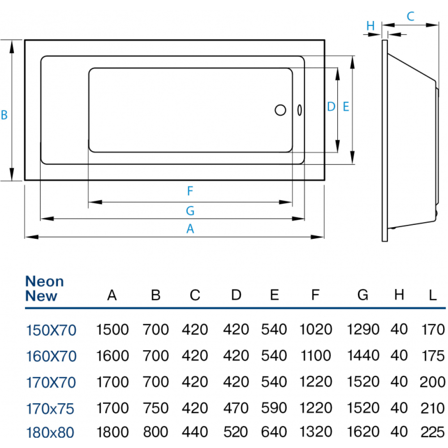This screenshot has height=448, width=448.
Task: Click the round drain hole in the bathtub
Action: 280,110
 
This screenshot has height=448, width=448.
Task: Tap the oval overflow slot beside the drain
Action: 299,110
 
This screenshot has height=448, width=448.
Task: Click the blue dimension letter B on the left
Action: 4,115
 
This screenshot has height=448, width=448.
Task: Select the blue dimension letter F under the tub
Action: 190,191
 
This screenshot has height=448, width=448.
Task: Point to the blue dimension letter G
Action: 190,211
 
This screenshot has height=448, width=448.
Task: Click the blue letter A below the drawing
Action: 190,228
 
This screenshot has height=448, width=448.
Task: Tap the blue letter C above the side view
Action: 410,16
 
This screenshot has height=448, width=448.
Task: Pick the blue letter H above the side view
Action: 370,26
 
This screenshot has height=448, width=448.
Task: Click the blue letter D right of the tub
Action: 331,107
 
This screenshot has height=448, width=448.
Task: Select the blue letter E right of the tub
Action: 346,107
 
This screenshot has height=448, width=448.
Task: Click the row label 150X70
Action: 51,330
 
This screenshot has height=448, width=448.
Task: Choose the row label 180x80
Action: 50,432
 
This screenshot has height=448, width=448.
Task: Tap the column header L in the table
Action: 433,295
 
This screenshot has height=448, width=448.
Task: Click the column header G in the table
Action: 363,295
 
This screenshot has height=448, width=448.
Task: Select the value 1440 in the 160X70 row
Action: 363,356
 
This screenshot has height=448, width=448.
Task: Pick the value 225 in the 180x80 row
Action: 433,432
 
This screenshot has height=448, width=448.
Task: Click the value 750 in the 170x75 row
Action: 156,408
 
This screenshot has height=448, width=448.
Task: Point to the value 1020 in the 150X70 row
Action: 316,329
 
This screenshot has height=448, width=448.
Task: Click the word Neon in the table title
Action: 44,281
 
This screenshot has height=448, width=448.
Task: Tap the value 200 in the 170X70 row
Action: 433,382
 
